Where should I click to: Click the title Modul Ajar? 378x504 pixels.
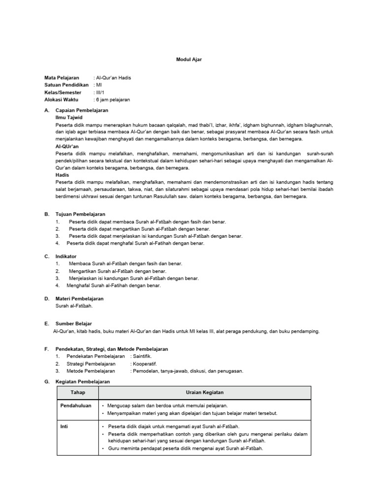189,59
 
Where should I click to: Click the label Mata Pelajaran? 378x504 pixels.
62,78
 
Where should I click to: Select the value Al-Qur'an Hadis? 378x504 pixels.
113,78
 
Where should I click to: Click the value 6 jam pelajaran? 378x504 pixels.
113,99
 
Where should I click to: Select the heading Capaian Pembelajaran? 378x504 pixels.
82,111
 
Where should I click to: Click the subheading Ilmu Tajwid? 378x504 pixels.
69,118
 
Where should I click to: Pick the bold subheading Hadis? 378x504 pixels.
62,175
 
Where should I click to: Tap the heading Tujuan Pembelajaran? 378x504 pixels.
80,215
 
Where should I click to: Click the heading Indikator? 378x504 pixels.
66,256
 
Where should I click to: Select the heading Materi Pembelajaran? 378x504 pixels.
79,298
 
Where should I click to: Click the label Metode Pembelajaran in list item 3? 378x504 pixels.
92,371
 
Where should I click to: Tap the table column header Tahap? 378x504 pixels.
78,392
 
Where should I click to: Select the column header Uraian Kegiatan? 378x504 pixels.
205,392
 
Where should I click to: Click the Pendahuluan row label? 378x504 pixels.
76,407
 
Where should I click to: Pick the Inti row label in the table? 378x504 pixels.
64,427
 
